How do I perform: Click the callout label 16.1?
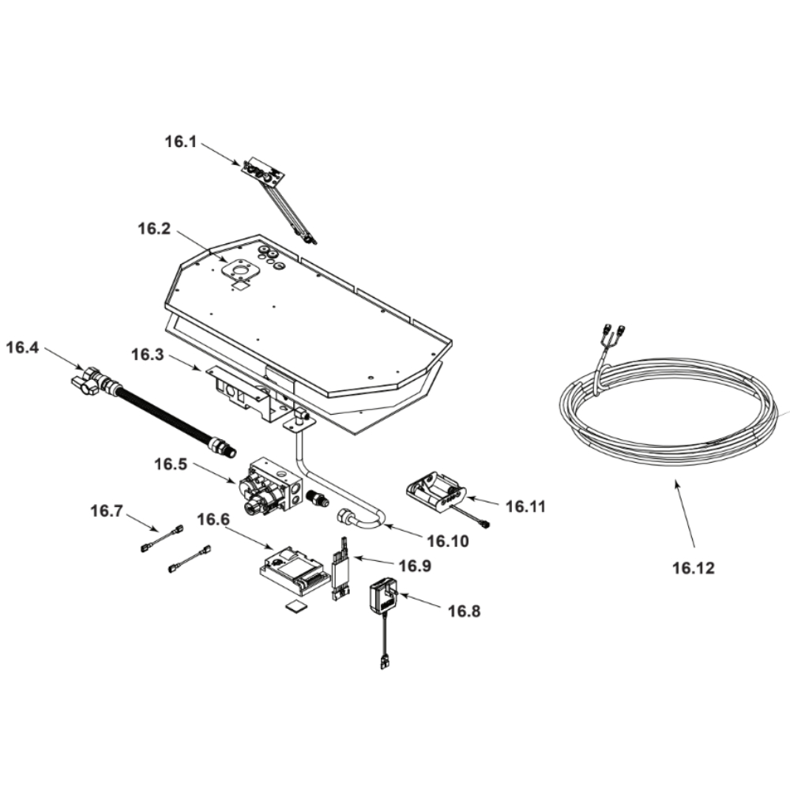click(x=181, y=141)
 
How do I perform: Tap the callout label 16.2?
click(x=154, y=229)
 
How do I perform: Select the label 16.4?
click(x=22, y=347)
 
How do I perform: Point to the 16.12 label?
click(x=694, y=568)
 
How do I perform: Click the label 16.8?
click(x=464, y=611)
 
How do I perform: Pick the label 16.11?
click(x=525, y=506)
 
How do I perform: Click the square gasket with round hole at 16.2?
click(x=241, y=269)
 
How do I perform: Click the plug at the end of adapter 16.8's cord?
click(x=386, y=662)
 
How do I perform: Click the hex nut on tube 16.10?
click(x=346, y=518)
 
